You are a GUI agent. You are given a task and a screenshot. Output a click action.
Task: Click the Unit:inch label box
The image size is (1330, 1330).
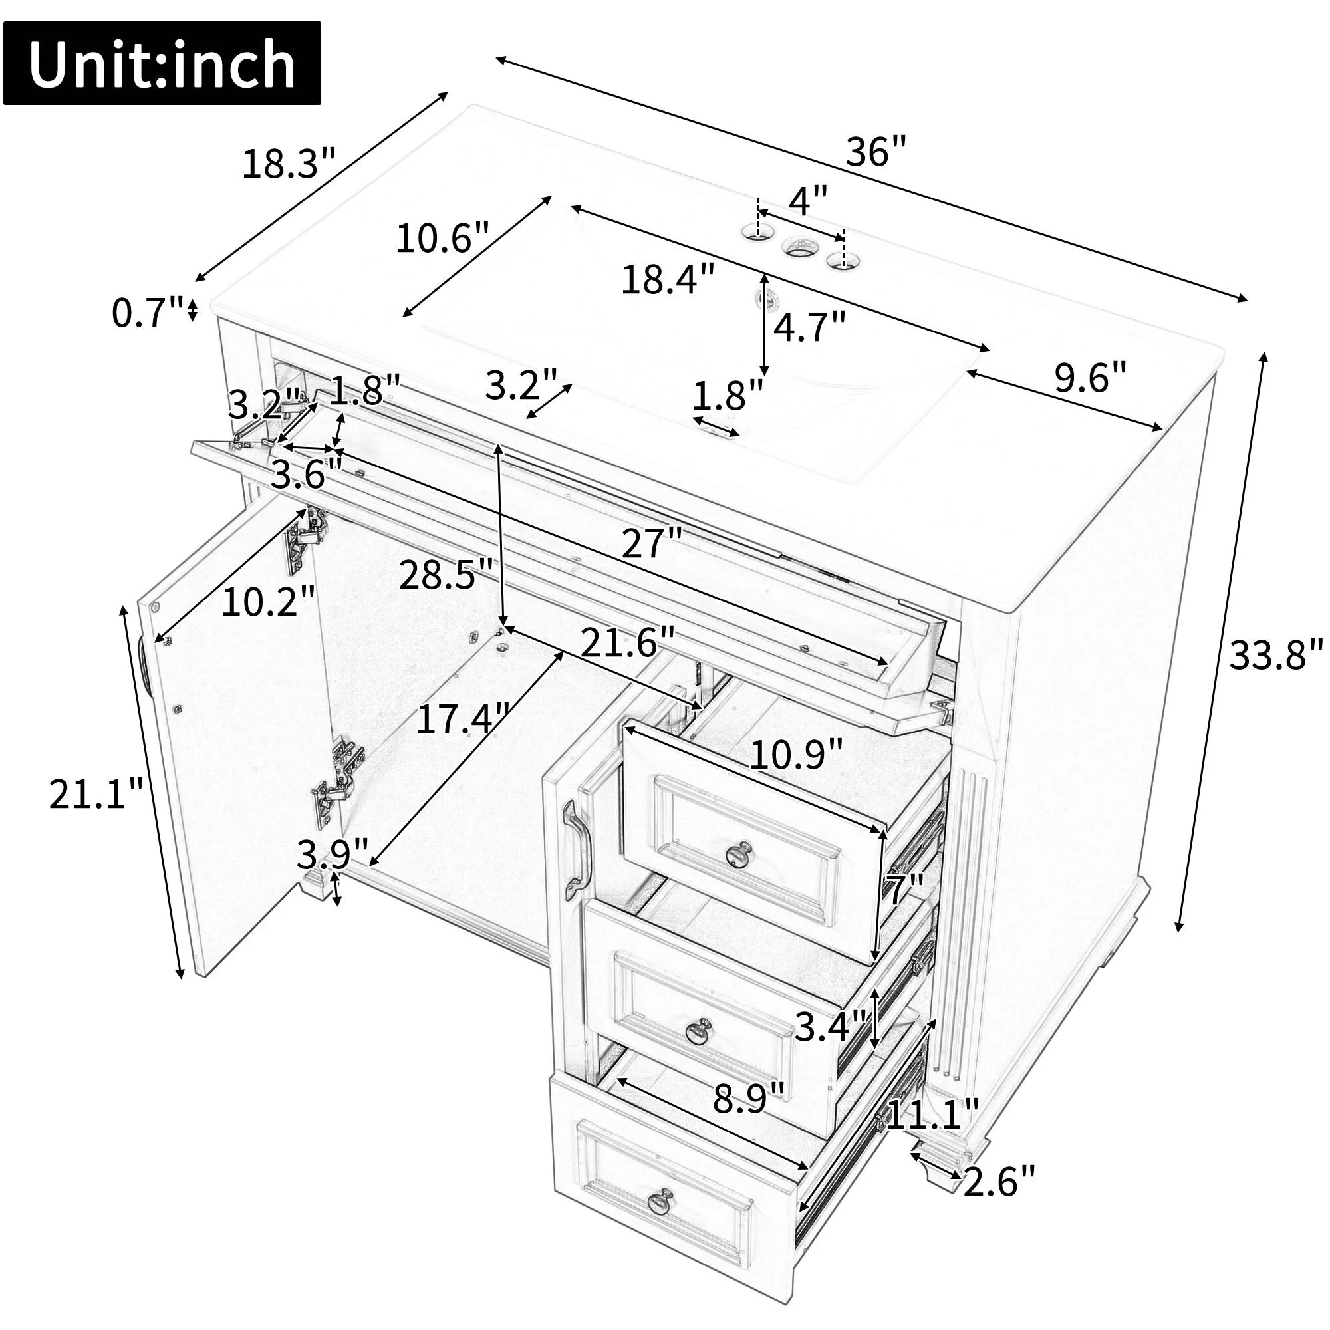pyautogui.click(x=162, y=63)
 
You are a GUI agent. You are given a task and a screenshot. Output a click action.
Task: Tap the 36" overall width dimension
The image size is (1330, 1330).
pyautogui.click(x=876, y=152)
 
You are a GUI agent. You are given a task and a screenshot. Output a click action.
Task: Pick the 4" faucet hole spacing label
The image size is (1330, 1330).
pyautogui.click(x=807, y=201)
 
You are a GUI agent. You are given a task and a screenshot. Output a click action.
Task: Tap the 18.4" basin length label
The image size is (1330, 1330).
pyautogui.click(x=668, y=279)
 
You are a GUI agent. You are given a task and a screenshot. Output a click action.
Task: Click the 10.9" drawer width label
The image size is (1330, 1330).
pyautogui.click(x=796, y=755)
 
